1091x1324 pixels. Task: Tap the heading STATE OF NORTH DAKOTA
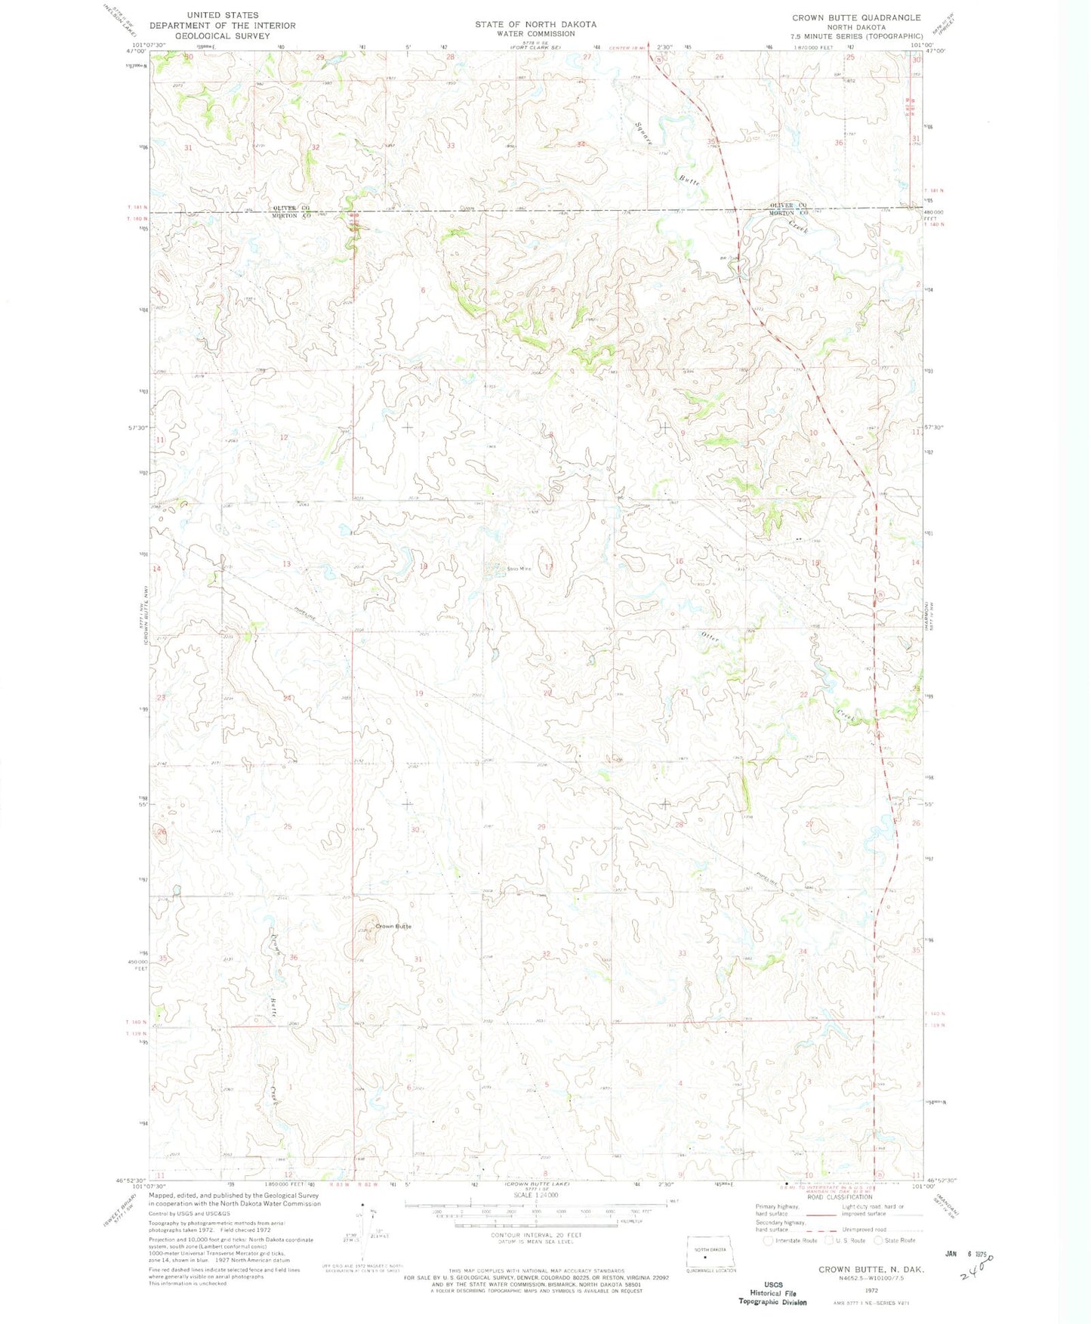coord(535,24)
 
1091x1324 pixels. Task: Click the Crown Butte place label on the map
coord(393,926)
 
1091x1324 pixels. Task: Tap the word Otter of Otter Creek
coord(710,637)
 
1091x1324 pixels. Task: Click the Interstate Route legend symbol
coord(769,1240)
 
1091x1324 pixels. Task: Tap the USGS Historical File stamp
coord(772,1293)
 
